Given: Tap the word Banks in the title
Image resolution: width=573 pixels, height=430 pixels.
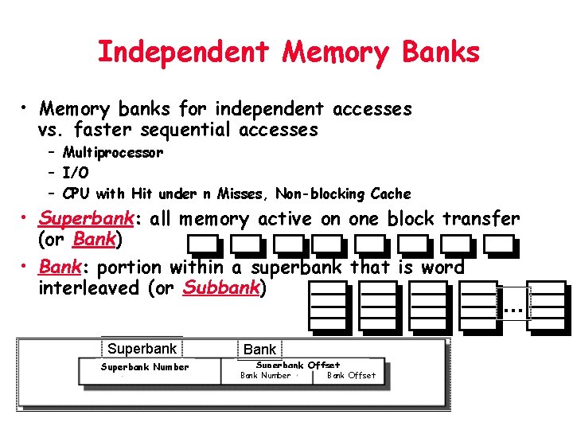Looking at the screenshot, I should [441, 53].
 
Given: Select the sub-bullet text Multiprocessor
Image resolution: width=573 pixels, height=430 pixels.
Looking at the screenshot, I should [113, 152].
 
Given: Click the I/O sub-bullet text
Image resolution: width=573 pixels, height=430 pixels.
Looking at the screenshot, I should [76, 173].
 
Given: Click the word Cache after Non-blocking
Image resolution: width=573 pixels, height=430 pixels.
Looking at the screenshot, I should [391, 193].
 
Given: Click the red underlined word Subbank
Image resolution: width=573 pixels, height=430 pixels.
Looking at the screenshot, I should [220, 287].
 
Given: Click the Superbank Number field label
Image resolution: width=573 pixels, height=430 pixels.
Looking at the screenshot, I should [145, 367].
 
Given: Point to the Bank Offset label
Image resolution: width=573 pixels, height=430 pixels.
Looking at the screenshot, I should [351, 375].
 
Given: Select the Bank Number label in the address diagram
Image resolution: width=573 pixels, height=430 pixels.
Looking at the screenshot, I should [265, 375].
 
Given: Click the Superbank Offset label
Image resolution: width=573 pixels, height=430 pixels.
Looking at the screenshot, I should [298, 365].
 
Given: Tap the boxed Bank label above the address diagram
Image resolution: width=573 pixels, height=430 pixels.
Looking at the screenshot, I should [259, 349].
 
